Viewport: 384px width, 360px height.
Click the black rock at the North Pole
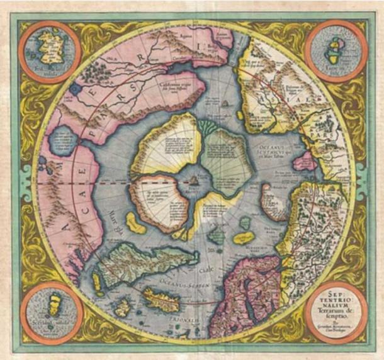(193, 180)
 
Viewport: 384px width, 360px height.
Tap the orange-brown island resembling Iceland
(160, 296)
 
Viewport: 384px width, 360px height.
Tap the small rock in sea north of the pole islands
(225, 102)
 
